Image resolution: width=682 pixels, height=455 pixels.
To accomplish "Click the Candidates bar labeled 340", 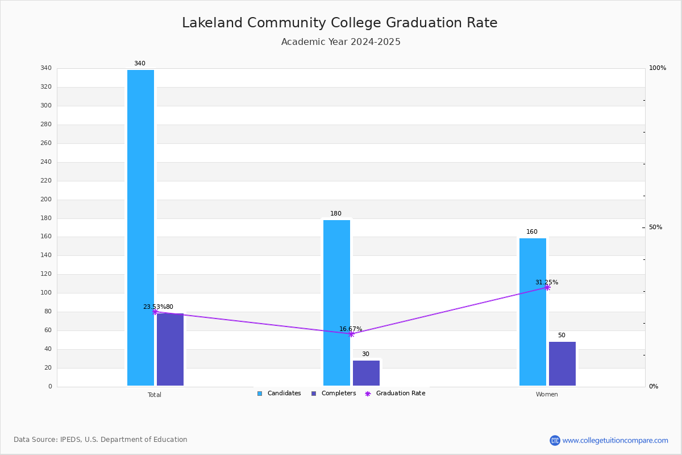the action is pyautogui.click(x=141, y=227).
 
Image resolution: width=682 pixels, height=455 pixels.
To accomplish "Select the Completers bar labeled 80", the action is pyautogui.click(x=170, y=350).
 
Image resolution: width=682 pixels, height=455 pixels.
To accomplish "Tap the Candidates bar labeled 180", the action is pyautogui.click(x=336, y=303).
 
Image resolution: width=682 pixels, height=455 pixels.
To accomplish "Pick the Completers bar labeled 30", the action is pyautogui.click(x=366, y=373).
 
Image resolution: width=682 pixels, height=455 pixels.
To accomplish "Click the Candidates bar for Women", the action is pyautogui.click(x=533, y=312).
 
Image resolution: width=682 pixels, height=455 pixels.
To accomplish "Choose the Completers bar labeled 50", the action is pyautogui.click(x=562, y=364).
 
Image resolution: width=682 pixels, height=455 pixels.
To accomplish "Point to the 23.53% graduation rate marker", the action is pyautogui.click(x=155, y=312).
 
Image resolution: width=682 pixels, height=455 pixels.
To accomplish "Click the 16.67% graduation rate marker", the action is pyautogui.click(x=351, y=334).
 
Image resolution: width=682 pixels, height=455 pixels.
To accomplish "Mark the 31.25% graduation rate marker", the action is pyautogui.click(x=547, y=287).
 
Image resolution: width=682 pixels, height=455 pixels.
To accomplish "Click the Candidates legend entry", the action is pyautogui.click(x=279, y=394).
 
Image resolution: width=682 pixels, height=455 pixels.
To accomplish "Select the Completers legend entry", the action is pyautogui.click(x=334, y=394).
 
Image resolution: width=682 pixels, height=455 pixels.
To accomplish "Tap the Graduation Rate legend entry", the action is pyautogui.click(x=395, y=394).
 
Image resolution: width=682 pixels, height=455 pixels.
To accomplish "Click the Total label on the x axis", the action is pyautogui.click(x=155, y=395).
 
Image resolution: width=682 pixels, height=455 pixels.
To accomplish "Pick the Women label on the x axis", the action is pyautogui.click(x=547, y=394).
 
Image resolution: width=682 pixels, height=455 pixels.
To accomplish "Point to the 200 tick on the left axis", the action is pyautogui.click(x=46, y=199).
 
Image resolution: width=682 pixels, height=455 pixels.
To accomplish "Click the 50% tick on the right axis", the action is pyautogui.click(x=655, y=227).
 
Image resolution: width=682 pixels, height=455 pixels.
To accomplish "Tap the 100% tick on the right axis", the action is pyautogui.click(x=658, y=68).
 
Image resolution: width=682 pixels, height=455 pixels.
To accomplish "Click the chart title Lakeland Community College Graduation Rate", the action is pyautogui.click(x=340, y=23).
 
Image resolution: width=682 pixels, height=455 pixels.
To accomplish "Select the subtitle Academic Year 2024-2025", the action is pyautogui.click(x=340, y=42).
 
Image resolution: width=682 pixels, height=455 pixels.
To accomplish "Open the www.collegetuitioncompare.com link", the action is pyautogui.click(x=615, y=440).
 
